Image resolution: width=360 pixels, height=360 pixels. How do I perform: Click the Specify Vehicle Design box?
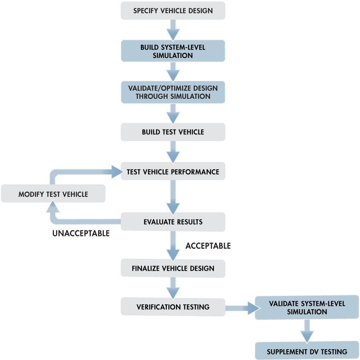[173, 11]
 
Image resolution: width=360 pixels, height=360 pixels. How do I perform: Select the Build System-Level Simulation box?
[173, 51]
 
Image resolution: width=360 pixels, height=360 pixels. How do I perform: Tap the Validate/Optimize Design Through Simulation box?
[173, 92]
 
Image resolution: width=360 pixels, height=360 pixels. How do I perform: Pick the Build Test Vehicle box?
[173, 132]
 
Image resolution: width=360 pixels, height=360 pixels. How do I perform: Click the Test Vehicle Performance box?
[173, 172]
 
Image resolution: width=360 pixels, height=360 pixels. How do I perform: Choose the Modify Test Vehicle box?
[53, 194]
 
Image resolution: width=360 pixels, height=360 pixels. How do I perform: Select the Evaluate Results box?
[173, 222]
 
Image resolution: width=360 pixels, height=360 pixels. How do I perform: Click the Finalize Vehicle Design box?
[173, 268]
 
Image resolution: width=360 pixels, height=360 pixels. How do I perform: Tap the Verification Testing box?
[173, 307]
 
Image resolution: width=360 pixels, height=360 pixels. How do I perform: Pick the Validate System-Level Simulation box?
[307, 308]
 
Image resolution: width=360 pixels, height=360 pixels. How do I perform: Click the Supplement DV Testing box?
[307, 352]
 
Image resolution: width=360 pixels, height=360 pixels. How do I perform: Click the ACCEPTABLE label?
[208, 246]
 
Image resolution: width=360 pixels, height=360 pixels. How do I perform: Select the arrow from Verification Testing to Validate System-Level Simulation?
[240, 308]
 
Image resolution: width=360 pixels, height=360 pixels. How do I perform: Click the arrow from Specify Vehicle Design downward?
[173, 29]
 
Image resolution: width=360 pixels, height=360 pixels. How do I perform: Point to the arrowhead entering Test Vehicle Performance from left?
[116, 172]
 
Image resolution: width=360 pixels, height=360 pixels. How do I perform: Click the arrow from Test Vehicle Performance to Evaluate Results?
[173, 196]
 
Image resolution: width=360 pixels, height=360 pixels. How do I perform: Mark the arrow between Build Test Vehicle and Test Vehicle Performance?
[173, 152]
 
